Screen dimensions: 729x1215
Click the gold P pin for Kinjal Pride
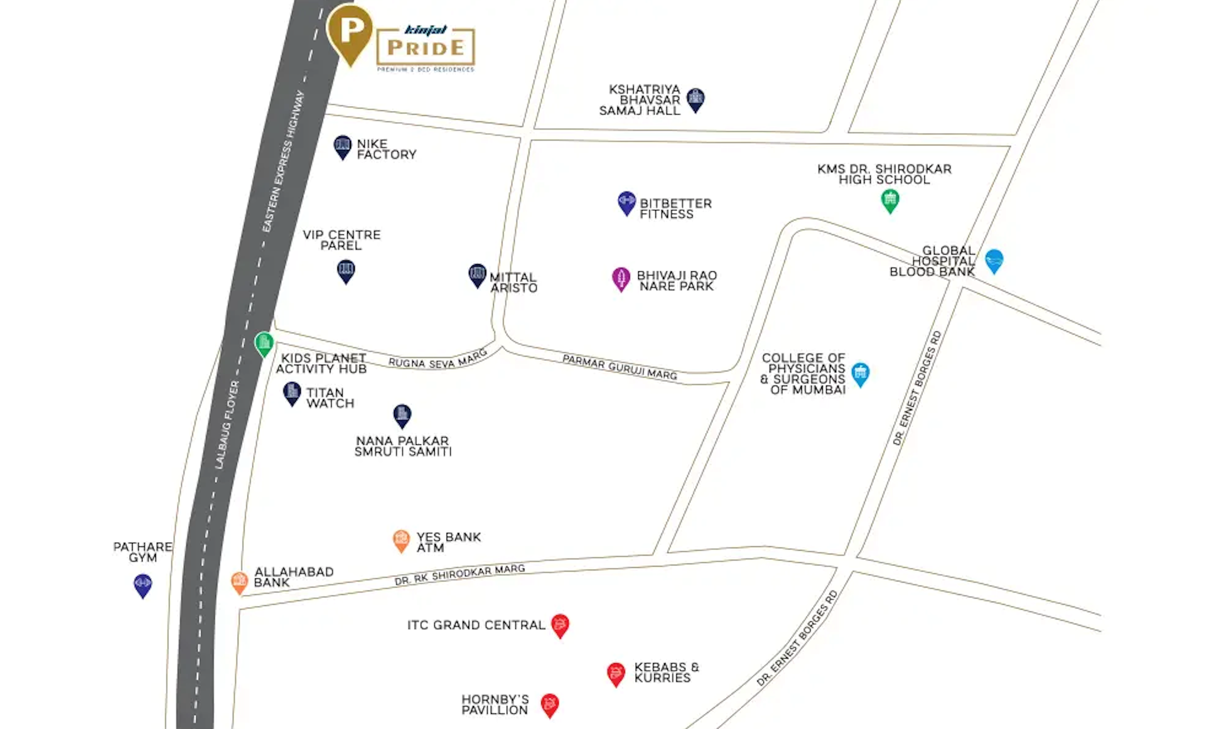coord(350,32)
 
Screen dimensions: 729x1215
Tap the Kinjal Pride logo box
coord(425,47)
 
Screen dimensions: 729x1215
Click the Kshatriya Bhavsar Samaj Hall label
coord(640,100)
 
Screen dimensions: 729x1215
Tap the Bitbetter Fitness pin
coord(627,202)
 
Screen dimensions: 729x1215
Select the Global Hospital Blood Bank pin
coord(994,260)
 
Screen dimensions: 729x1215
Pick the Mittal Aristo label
coord(514,282)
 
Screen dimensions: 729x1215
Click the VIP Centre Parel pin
coord(346,271)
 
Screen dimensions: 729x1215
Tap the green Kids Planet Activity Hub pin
coord(264,344)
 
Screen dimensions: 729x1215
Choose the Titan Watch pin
coord(292,393)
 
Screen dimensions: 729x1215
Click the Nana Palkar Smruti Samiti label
coord(403,446)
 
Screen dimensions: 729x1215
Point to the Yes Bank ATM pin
coord(401,540)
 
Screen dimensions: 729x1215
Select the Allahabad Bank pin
coord(240,582)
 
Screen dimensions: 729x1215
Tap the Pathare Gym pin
coord(143,585)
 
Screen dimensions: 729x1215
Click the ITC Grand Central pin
coord(560,625)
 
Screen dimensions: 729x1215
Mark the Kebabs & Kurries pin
coord(616,674)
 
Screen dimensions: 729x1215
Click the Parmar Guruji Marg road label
coord(620,367)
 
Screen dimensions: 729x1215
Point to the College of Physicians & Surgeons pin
coord(860,374)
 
